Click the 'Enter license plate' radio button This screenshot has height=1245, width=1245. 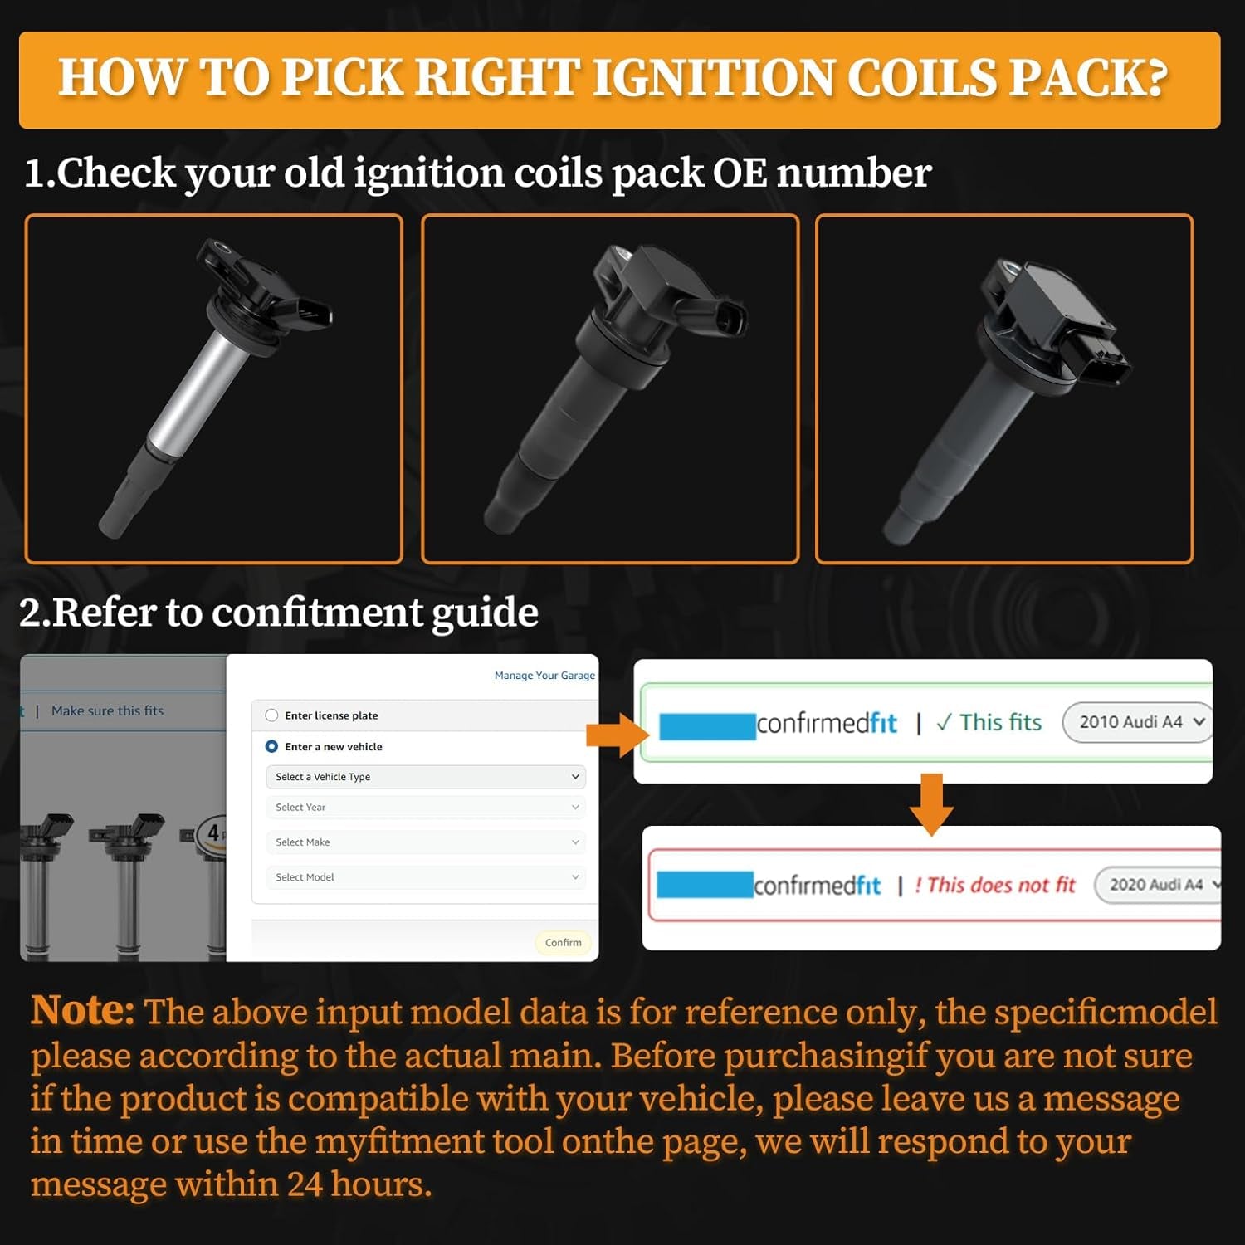point(271,715)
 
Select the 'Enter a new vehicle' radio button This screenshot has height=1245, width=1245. point(271,747)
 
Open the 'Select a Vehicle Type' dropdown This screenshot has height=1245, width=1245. point(426,777)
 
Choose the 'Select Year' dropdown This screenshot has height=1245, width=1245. point(426,808)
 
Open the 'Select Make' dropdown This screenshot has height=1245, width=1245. point(426,842)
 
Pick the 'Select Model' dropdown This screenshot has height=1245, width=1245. point(426,877)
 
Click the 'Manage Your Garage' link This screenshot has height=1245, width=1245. point(544,676)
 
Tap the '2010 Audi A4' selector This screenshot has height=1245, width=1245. point(1137,722)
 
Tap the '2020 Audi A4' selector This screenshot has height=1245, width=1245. point(1159,885)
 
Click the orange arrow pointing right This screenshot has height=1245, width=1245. point(618,735)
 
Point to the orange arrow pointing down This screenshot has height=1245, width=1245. point(932,804)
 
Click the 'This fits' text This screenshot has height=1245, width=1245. point(989,723)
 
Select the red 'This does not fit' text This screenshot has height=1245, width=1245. point(994,886)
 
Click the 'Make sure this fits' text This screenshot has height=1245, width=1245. point(108,711)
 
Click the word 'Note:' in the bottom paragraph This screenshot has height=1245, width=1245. point(82,1012)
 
